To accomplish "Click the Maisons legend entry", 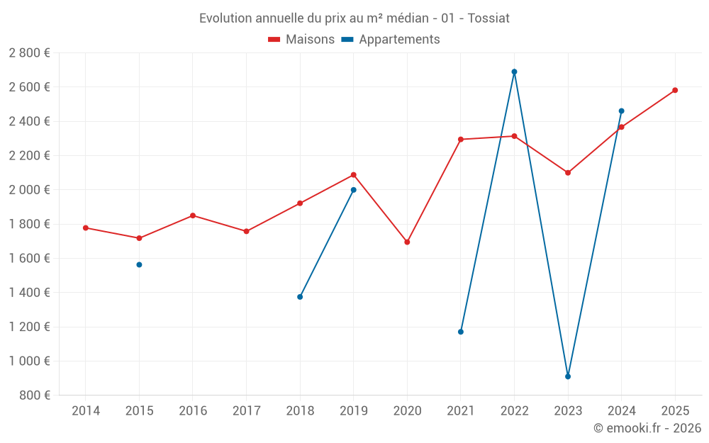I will (301, 40).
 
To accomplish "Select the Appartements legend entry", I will (391, 40).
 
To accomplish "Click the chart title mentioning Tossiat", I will (354, 18).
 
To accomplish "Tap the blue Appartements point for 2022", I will (514, 72).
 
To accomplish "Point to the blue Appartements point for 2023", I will (568, 376).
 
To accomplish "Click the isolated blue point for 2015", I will (139, 264).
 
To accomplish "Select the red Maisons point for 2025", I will (675, 90).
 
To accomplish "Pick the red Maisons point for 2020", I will (407, 242).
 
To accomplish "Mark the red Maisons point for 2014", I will (86, 228).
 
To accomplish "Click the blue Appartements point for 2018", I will (300, 297).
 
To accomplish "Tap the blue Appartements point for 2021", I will (461, 332).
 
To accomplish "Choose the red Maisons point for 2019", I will (354, 175).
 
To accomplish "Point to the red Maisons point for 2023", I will (568, 173).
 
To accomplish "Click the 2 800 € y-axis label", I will (29, 53).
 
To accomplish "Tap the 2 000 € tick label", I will (29, 190).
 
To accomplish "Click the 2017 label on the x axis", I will (246, 411).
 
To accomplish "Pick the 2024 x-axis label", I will (621, 411).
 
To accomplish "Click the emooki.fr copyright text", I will (647, 428).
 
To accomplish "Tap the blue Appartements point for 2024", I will (621, 111).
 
